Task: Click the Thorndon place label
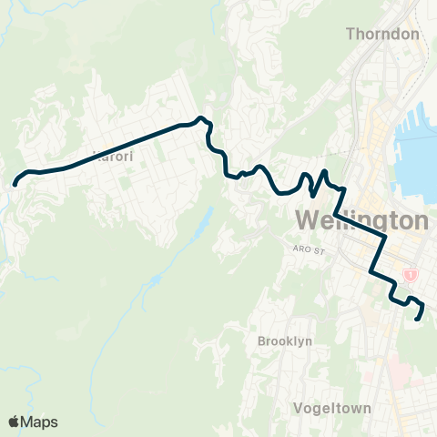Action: click(x=382, y=35)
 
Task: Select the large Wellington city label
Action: click(x=362, y=221)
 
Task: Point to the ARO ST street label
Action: click(x=310, y=248)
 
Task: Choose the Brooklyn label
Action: click(x=285, y=340)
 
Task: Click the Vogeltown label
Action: click(x=333, y=409)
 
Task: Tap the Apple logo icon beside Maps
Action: click(x=13, y=422)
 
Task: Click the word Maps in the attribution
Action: click(x=40, y=422)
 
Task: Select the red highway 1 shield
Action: click(x=412, y=274)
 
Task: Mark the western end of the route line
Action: click(x=15, y=184)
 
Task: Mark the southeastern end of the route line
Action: click(x=418, y=319)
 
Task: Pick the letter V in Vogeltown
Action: click(x=300, y=409)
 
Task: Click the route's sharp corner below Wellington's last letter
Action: click(x=385, y=236)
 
